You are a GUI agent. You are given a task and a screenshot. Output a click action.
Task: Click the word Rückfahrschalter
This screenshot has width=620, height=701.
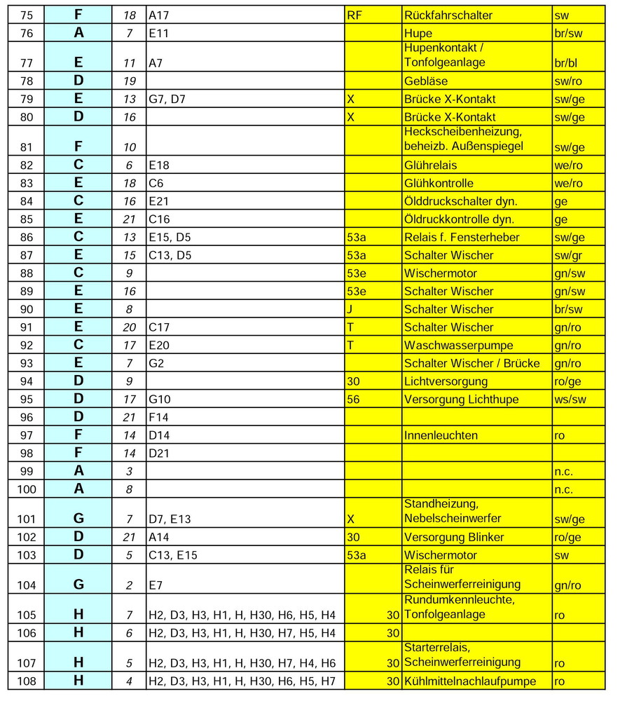click(448, 15)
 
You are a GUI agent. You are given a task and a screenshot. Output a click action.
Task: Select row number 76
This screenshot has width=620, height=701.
click(27, 33)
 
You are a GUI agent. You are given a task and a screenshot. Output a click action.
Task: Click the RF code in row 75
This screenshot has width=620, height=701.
click(355, 15)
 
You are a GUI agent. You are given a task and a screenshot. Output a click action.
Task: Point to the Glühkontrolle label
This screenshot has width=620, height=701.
click(439, 184)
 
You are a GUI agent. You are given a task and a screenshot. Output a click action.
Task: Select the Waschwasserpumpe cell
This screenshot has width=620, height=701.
click(459, 345)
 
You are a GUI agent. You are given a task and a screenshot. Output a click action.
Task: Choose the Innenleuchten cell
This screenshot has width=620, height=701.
click(441, 435)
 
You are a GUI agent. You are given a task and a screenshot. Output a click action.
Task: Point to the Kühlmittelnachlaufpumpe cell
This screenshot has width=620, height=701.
click(470, 681)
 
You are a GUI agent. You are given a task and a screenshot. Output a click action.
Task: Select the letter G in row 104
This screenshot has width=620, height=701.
click(78, 583)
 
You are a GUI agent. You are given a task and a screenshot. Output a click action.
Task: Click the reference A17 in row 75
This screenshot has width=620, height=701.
click(159, 15)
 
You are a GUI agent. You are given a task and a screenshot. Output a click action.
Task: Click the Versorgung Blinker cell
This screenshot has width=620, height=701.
click(454, 537)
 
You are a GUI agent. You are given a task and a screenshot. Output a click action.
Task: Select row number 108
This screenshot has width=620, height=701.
click(27, 681)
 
